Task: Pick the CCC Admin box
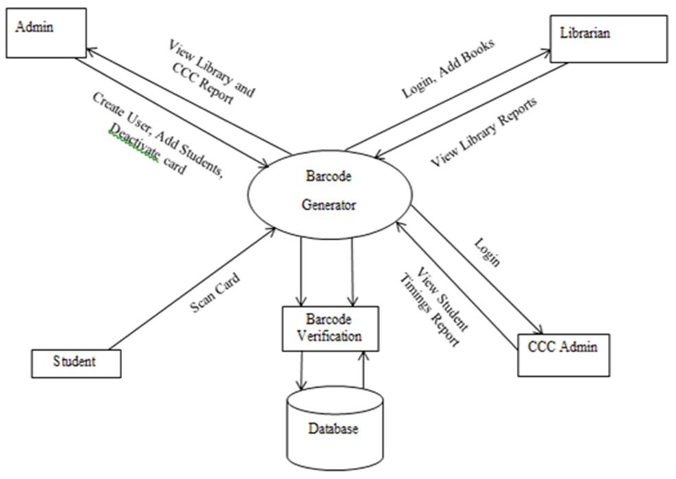coord(563,354)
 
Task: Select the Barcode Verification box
coord(330,329)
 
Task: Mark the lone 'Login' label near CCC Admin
coord(487,252)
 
